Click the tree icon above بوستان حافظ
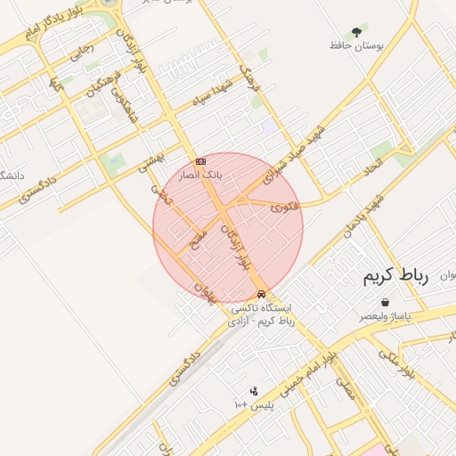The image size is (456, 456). tap(357, 31)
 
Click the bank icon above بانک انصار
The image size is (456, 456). tap(200, 161)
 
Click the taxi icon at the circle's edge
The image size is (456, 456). tap(261, 294)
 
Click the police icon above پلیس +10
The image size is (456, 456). tap(254, 390)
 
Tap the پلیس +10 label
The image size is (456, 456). tap(256, 405)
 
